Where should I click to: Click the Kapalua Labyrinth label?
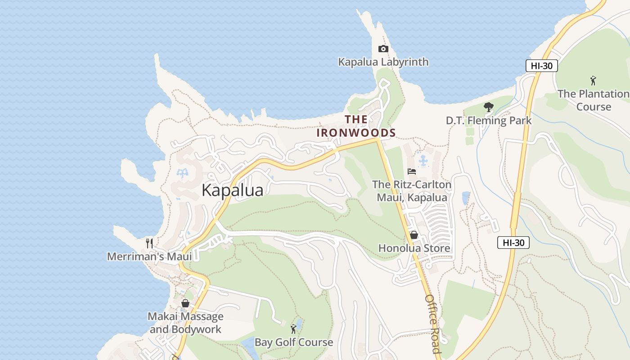383,62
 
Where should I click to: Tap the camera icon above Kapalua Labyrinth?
383,49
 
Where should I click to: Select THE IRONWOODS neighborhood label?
356,126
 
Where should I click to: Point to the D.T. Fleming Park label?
488,121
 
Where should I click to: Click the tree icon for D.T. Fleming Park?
488,107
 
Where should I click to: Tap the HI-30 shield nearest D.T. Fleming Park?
541,66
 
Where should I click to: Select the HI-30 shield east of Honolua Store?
513,243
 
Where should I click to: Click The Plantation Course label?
594,100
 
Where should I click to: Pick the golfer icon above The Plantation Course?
593,81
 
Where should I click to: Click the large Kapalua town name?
232,190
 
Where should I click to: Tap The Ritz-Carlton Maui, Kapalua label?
412,191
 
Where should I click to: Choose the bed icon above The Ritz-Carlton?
411,171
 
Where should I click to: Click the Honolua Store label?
414,248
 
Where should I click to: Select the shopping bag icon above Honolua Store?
414,235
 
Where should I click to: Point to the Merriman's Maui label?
149,256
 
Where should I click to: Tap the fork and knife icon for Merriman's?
149,243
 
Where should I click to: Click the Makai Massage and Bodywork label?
185,323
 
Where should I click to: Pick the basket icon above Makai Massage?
185,303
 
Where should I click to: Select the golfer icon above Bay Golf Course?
293,329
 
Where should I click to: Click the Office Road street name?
432,324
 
